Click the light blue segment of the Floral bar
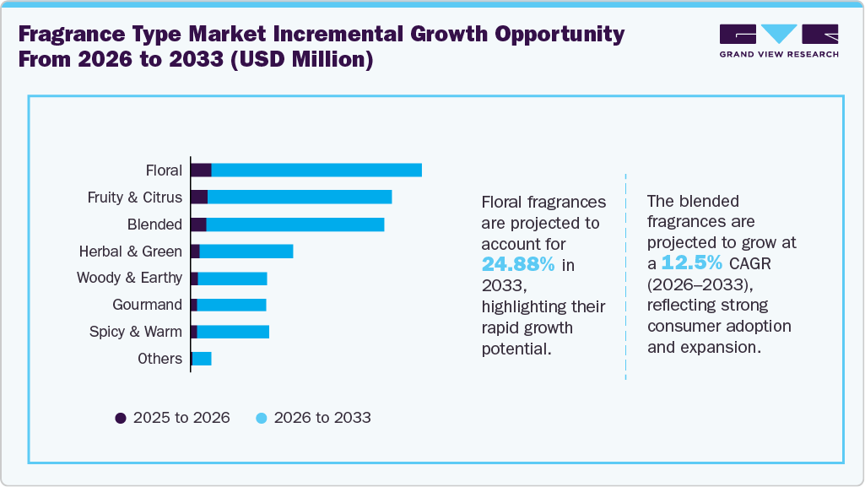(316, 170)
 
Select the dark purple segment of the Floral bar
(201, 170)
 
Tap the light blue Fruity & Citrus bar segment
(300, 197)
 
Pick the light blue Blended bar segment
(295, 224)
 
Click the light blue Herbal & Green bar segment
(246, 251)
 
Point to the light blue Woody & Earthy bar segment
(232, 278)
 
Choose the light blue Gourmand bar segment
(231, 305)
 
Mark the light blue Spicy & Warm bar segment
(233, 332)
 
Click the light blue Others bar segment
(202, 359)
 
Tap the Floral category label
(164, 170)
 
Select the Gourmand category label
(148, 305)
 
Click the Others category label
(159, 359)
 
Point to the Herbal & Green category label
(130, 252)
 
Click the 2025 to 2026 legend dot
(121, 418)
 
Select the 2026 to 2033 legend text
(322, 418)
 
